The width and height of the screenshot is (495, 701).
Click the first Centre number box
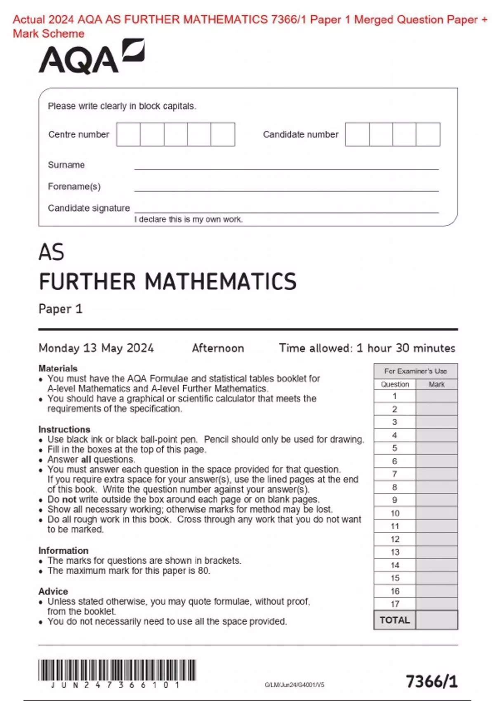(128, 134)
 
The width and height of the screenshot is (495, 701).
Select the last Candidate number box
(428, 134)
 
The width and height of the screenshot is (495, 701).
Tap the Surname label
(66, 165)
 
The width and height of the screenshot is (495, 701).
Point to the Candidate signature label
(89, 208)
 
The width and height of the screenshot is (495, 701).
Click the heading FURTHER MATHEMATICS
(167, 282)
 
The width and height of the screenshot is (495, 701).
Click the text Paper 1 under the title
(61, 309)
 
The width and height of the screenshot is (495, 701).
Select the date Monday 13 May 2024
(96, 348)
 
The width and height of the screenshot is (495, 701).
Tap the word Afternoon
(218, 348)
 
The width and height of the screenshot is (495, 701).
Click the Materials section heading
(58, 368)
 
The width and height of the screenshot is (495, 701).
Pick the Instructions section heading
(64, 429)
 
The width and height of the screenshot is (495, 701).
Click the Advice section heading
(53, 591)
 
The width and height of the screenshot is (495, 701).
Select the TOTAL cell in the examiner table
(395, 620)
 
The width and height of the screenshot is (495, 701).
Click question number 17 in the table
(395, 604)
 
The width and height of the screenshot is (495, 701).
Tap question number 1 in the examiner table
(395, 396)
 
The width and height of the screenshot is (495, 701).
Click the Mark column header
(436, 384)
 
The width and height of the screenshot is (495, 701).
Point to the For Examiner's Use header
(415, 371)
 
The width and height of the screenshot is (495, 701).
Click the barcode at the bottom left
(117, 670)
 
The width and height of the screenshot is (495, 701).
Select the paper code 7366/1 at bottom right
(431, 681)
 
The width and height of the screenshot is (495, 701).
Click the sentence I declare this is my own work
(189, 219)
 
